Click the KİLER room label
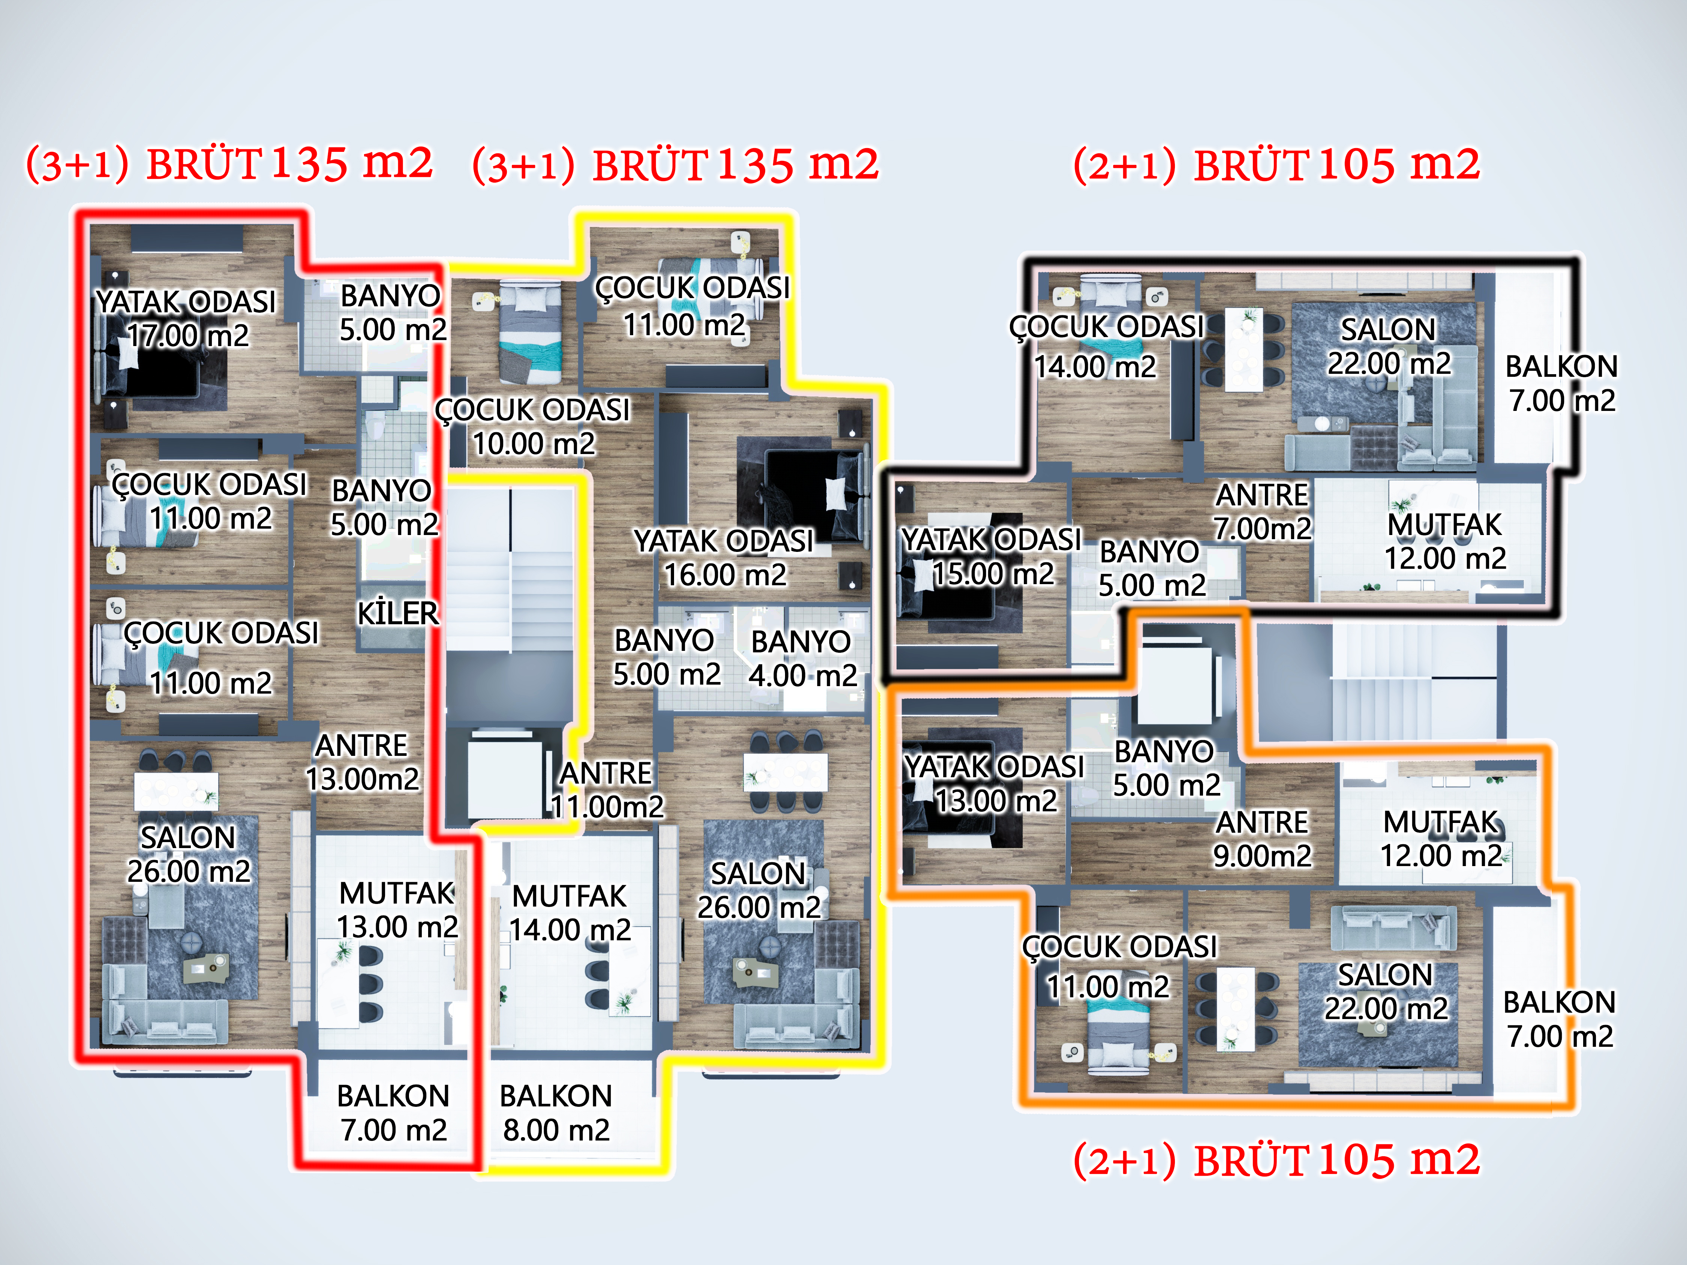pyautogui.click(x=397, y=613)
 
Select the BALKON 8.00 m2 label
pyautogui.click(x=556, y=1112)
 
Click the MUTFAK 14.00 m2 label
pyautogui.click(x=570, y=913)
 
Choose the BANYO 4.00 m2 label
pyautogui.click(x=802, y=658)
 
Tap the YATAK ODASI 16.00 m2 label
pyautogui.click(x=725, y=558)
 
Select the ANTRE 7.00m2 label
pyautogui.click(x=1262, y=511)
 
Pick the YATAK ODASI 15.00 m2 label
pyautogui.click(x=992, y=557)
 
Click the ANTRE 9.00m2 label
pyautogui.click(x=1262, y=839)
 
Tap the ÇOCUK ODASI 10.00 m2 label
pyautogui.click(x=533, y=426)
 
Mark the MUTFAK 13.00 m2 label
pyautogui.click(x=397, y=910)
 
